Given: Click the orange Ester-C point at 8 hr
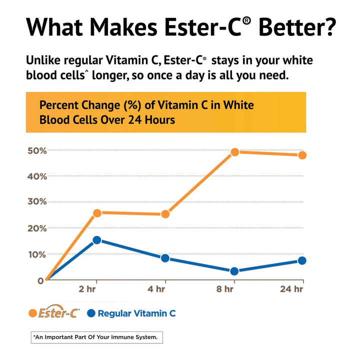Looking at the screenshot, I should (234, 152).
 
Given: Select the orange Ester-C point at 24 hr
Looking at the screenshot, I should (302, 155).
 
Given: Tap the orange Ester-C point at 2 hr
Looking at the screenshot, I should (97, 213).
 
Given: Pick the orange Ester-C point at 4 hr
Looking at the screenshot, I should (165, 214).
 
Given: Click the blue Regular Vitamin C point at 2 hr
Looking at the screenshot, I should (97, 240).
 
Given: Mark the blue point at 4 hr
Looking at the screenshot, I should (165, 258).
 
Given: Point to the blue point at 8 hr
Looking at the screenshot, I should (234, 271).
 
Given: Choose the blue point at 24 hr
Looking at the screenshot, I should (302, 260).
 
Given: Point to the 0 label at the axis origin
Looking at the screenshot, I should (39, 280).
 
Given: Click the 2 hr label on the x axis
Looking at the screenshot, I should (87, 289).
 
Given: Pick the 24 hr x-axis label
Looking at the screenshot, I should (292, 289).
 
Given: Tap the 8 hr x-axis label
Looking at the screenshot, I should (225, 289).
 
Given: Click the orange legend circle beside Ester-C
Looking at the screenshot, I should (32, 313).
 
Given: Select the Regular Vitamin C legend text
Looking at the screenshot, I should (136, 313).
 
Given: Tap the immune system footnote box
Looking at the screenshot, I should (96, 337).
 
